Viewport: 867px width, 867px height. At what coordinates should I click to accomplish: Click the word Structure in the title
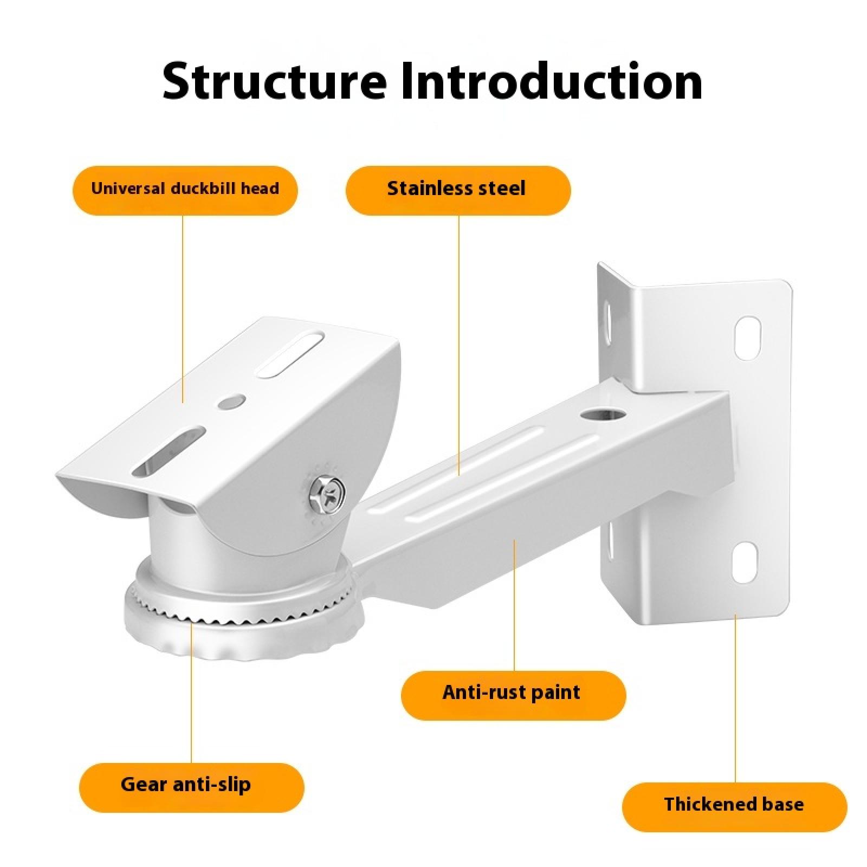coord(275,81)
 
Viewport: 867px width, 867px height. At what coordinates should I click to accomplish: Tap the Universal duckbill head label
coord(185,189)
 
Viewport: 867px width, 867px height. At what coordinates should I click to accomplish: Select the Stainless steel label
coord(457,189)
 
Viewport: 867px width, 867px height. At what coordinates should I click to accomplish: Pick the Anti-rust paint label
coord(513,694)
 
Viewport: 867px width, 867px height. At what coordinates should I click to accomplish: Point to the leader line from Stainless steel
coord(459,345)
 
